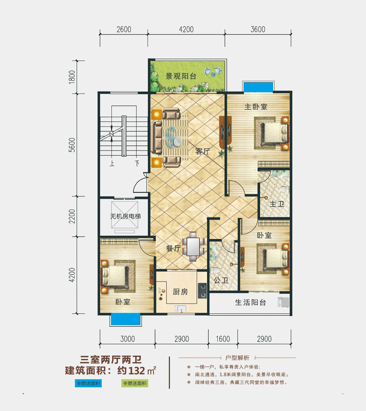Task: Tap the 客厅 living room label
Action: pyautogui.click(x=202, y=151)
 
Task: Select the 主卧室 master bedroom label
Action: pyautogui.click(x=256, y=107)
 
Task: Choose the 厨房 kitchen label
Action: pyautogui.click(x=180, y=292)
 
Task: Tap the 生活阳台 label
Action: pyautogui.click(x=250, y=303)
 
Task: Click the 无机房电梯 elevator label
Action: pyautogui.click(x=118, y=216)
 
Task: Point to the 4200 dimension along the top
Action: pyautogui.click(x=186, y=30)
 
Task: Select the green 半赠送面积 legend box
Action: pyautogui.click(x=135, y=383)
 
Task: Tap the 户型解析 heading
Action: pyautogui.click(x=237, y=357)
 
